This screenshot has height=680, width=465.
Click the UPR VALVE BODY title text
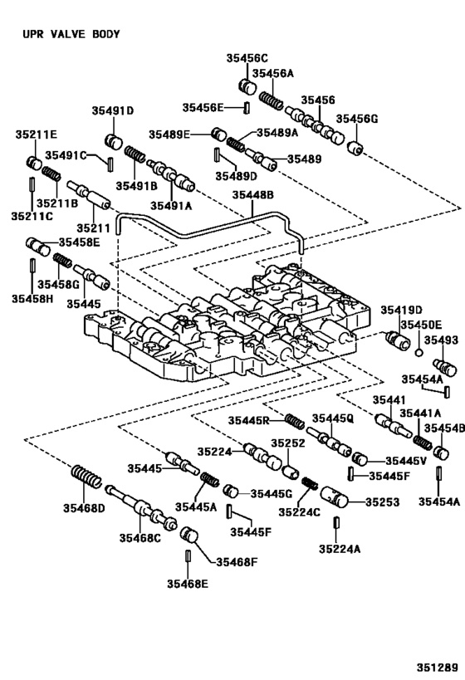pos(71,34)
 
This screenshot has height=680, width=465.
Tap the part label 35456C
pos(247,58)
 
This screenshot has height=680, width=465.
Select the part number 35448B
pos(253,195)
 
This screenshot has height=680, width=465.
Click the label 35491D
pos(112,110)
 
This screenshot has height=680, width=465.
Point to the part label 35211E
pos(37,135)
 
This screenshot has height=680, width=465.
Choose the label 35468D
pos(84,508)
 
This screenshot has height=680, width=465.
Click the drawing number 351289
pos(438,667)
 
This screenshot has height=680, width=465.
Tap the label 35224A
pos(340,549)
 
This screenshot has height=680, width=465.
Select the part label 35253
pos(382,501)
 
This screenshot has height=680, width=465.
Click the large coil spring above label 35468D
pos(86,477)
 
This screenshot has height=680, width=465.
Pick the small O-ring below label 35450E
pos(418,352)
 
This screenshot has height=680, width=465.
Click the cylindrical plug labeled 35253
pos(335,497)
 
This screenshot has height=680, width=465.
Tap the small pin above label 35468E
pos(188,555)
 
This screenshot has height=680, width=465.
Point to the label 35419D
pos(402,311)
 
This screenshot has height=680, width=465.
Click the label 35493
pos(441,340)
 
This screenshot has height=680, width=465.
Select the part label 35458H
pos(32,298)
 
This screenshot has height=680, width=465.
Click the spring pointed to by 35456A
pos(272,101)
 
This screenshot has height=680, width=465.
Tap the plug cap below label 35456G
pos(355,147)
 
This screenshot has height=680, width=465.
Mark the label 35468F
pos(237,562)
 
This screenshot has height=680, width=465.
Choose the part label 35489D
pos(237,176)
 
